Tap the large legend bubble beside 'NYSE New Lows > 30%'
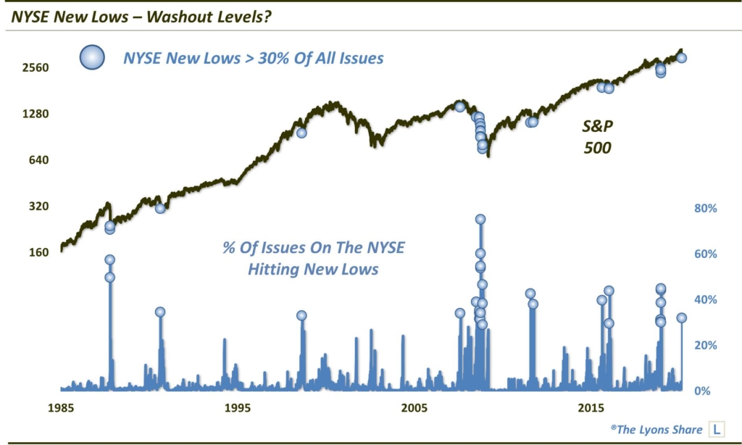pyautogui.click(x=93, y=57)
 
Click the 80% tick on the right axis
pyautogui.click(x=706, y=208)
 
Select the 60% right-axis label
pyautogui.click(x=706, y=254)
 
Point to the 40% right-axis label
pyautogui.click(x=706, y=300)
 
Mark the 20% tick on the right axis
pyautogui.click(x=706, y=346)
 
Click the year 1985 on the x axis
pyautogui.click(x=61, y=407)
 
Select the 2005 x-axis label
pyautogui.click(x=415, y=407)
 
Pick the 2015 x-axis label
pyautogui.click(x=592, y=407)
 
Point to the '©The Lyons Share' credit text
pyautogui.click(x=656, y=429)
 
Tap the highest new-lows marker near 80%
pyautogui.click(x=480, y=219)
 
